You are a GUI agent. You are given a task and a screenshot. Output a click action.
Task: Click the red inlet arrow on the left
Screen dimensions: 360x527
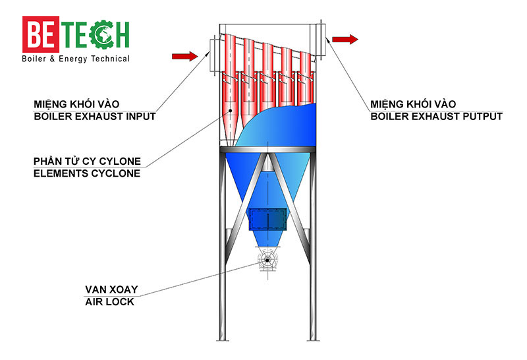coord(184,56)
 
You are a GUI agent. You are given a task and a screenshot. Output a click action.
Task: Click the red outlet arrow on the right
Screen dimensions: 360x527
coord(345,40)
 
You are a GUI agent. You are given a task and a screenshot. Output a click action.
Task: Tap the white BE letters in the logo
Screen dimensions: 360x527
coord(42,34)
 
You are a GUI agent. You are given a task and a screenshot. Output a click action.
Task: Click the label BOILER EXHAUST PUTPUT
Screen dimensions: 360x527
coord(436,116)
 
